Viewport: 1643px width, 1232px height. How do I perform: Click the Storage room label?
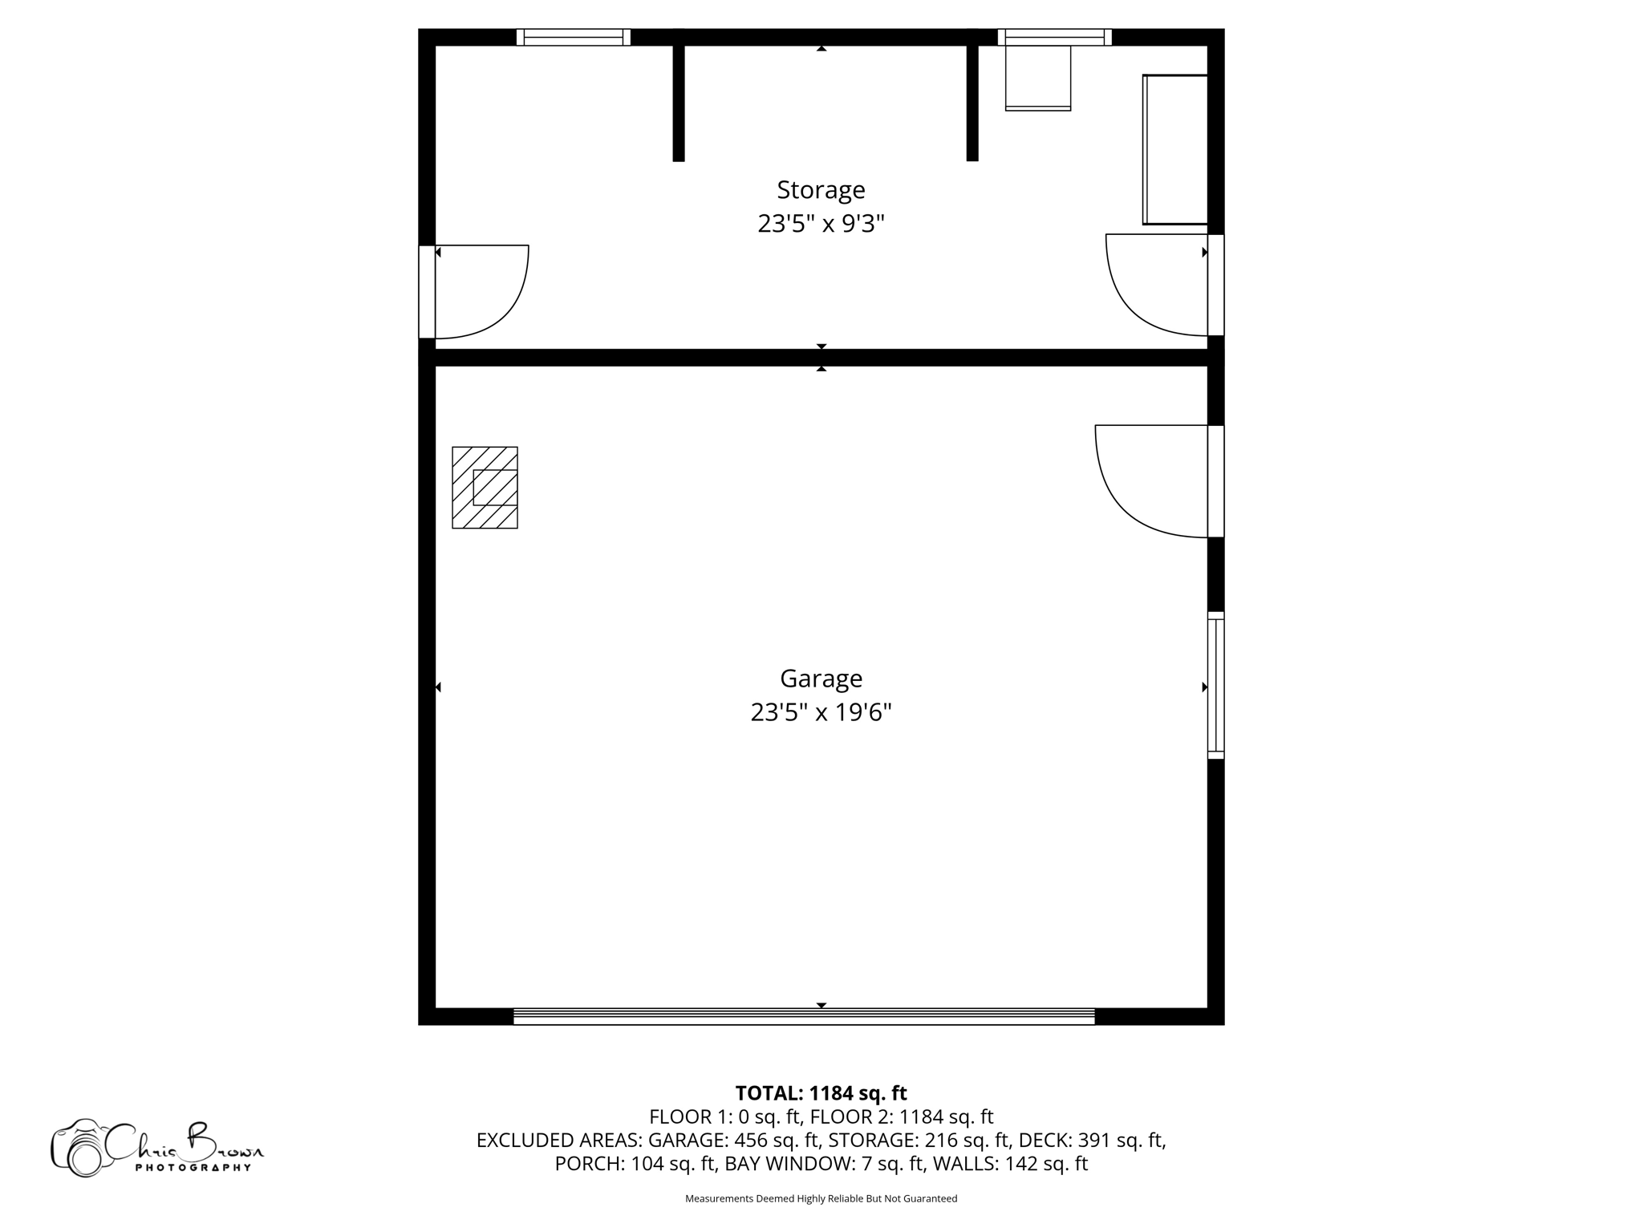(821, 190)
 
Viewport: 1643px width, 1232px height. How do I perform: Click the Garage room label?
(821, 679)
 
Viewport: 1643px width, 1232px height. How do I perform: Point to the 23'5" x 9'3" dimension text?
(821, 224)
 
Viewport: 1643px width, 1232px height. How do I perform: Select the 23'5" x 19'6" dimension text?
(821, 712)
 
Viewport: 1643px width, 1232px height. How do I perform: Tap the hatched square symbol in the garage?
(485, 488)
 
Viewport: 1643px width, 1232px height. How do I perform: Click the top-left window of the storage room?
(573, 37)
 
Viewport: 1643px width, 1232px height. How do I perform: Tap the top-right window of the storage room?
(1054, 37)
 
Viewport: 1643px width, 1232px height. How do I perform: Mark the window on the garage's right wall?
(1215, 686)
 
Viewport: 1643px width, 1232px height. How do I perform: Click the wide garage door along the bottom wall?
(804, 1016)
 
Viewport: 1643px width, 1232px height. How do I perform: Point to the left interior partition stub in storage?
(679, 100)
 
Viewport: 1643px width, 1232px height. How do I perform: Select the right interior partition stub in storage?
(972, 100)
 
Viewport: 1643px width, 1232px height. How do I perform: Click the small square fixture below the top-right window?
(1038, 78)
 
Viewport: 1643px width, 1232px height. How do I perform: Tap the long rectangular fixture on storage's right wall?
(1175, 150)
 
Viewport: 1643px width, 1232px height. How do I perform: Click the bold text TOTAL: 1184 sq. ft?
(821, 1093)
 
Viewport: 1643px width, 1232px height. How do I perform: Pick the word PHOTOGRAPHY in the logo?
(193, 1168)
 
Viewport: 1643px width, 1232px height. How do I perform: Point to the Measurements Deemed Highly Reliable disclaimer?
(821, 1198)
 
